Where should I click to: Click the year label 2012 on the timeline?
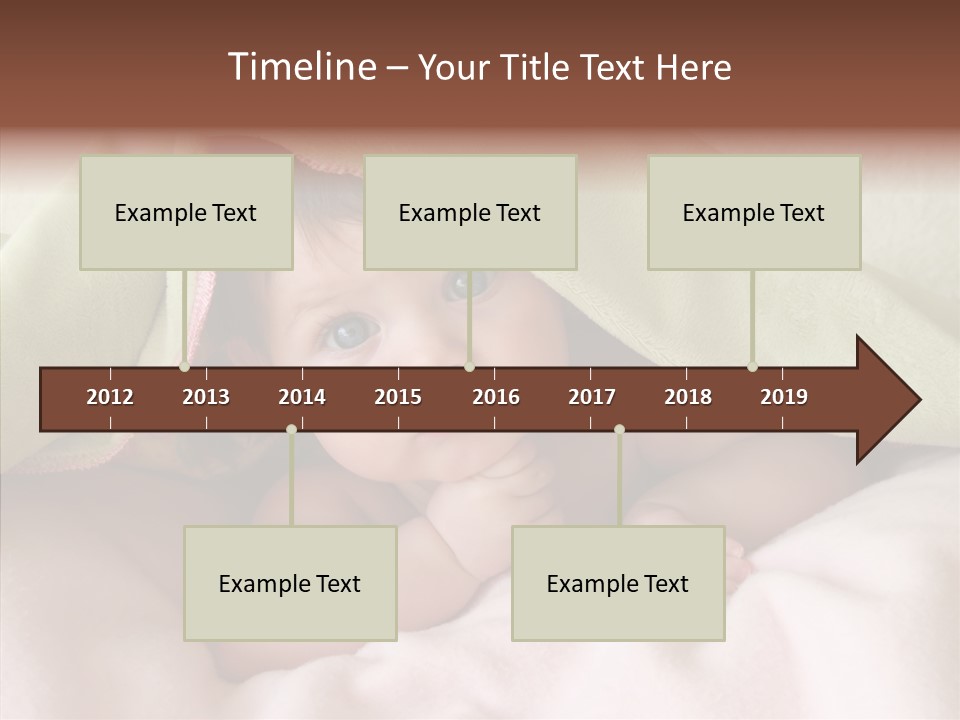pyautogui.click(x=110, y=397)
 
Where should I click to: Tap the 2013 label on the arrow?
pyautogui.click(x=206, y=397)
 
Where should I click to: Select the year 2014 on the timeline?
pyautogui.click(x=302, y=397)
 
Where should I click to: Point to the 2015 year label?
pyautogui.click(x=398, y=397)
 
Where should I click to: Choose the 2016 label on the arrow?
pyautogui.click(x=496, y=397)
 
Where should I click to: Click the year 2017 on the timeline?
pyautogui.click(x=592, y=397)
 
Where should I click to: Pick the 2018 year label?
pyautogui.click(x=688, y=397)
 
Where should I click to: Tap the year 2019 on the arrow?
pyautogui.click(x=784, y=397)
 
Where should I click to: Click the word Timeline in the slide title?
pyautogui.click(x=301, y=67)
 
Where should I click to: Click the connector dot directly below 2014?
pyautogui.click(x=291, y=429)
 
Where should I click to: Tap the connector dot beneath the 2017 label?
pyautogui.click(x=619, y=429)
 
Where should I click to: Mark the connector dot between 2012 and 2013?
pyautogui.click(x=184, y=367)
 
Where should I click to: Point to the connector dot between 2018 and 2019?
pyautogui.click(x=752, y=367)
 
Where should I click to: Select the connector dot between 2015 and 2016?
pyautogui.click(x=469, y=367)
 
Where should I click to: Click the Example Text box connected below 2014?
pyautogui.click(x=290, y=583)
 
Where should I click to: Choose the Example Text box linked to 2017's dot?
pyautogui.click(x=618, y=583)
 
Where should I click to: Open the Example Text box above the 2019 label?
pyautogui.click(x=754, y=212)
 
